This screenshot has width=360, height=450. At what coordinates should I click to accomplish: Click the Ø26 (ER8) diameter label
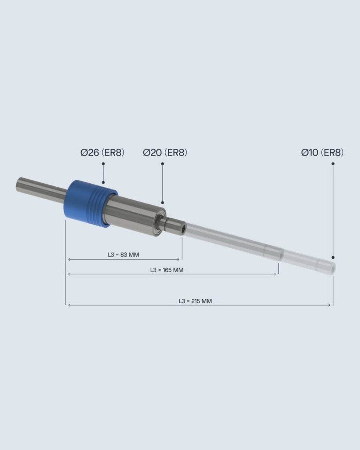102,152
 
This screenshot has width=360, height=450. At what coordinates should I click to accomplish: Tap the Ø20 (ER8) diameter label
165,152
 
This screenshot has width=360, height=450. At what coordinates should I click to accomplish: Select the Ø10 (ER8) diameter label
322,152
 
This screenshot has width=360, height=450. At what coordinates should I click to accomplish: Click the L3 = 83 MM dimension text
124,254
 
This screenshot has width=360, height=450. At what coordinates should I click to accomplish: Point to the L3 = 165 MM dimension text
167,270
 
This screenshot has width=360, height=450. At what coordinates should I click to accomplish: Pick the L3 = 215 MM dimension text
195,301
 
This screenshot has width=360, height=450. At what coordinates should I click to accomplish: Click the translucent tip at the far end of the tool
326,266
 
